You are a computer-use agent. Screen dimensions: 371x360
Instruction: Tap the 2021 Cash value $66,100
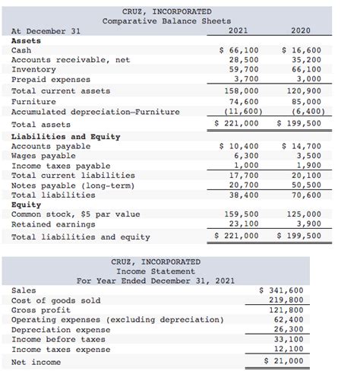[x=239, y=50]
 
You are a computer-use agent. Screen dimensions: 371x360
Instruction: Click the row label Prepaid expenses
[x=51, y=79]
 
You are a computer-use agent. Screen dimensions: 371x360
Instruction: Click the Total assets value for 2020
[x=301, y=123]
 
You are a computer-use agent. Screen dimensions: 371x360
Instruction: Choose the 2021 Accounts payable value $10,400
[x=239, y=146]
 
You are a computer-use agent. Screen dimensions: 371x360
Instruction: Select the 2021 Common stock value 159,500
[x=244, y=214]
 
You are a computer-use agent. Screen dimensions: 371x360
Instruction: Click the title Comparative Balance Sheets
[x=167, y=21]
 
